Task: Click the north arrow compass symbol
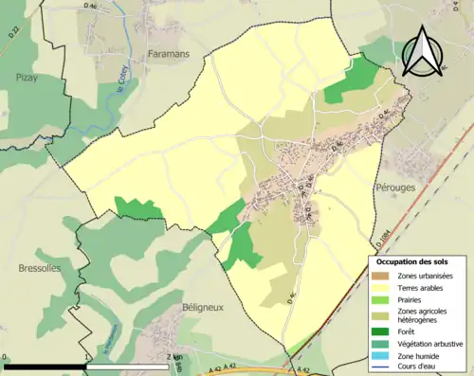click(x=423, y=51)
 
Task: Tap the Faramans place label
click(x=169, y=54)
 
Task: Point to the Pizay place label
click(x=27, y=79)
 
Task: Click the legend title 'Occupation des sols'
click(x=412, y=261)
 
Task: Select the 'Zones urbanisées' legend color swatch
click(x=383, y=276)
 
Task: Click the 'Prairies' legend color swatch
click(x=383, y=299)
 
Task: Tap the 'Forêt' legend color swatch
click(x=383, y=331)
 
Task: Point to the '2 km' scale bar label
click(x=173, y=358)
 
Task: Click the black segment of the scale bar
click(x=46, y=366)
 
